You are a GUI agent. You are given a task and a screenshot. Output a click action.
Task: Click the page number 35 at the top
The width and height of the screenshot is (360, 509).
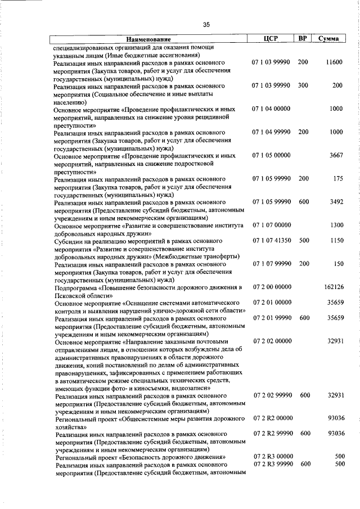[x=206, y=24]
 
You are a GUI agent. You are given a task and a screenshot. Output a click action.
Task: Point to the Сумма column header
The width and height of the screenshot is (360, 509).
[x=328, y=39]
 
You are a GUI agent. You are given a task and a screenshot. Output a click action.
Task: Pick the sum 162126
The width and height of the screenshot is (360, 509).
[x=334, y=287]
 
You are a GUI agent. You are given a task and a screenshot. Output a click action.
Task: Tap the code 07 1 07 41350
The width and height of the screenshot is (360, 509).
[x=272, y=240]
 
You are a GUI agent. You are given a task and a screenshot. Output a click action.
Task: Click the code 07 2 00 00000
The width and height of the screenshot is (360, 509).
[x=272, y=287]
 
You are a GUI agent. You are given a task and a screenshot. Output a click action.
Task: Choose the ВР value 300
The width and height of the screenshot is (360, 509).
[x=303, y=85]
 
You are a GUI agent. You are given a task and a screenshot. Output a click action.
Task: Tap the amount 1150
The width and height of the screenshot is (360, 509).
[x=336, y=240]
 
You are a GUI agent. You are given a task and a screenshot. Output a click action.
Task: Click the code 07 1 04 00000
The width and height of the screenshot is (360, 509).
[x=272, y=109]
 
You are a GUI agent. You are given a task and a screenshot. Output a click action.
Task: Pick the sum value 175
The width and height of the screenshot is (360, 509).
[x=338, y=178]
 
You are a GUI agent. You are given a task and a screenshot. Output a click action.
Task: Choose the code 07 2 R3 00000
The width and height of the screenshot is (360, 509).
[x=272, y=456]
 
